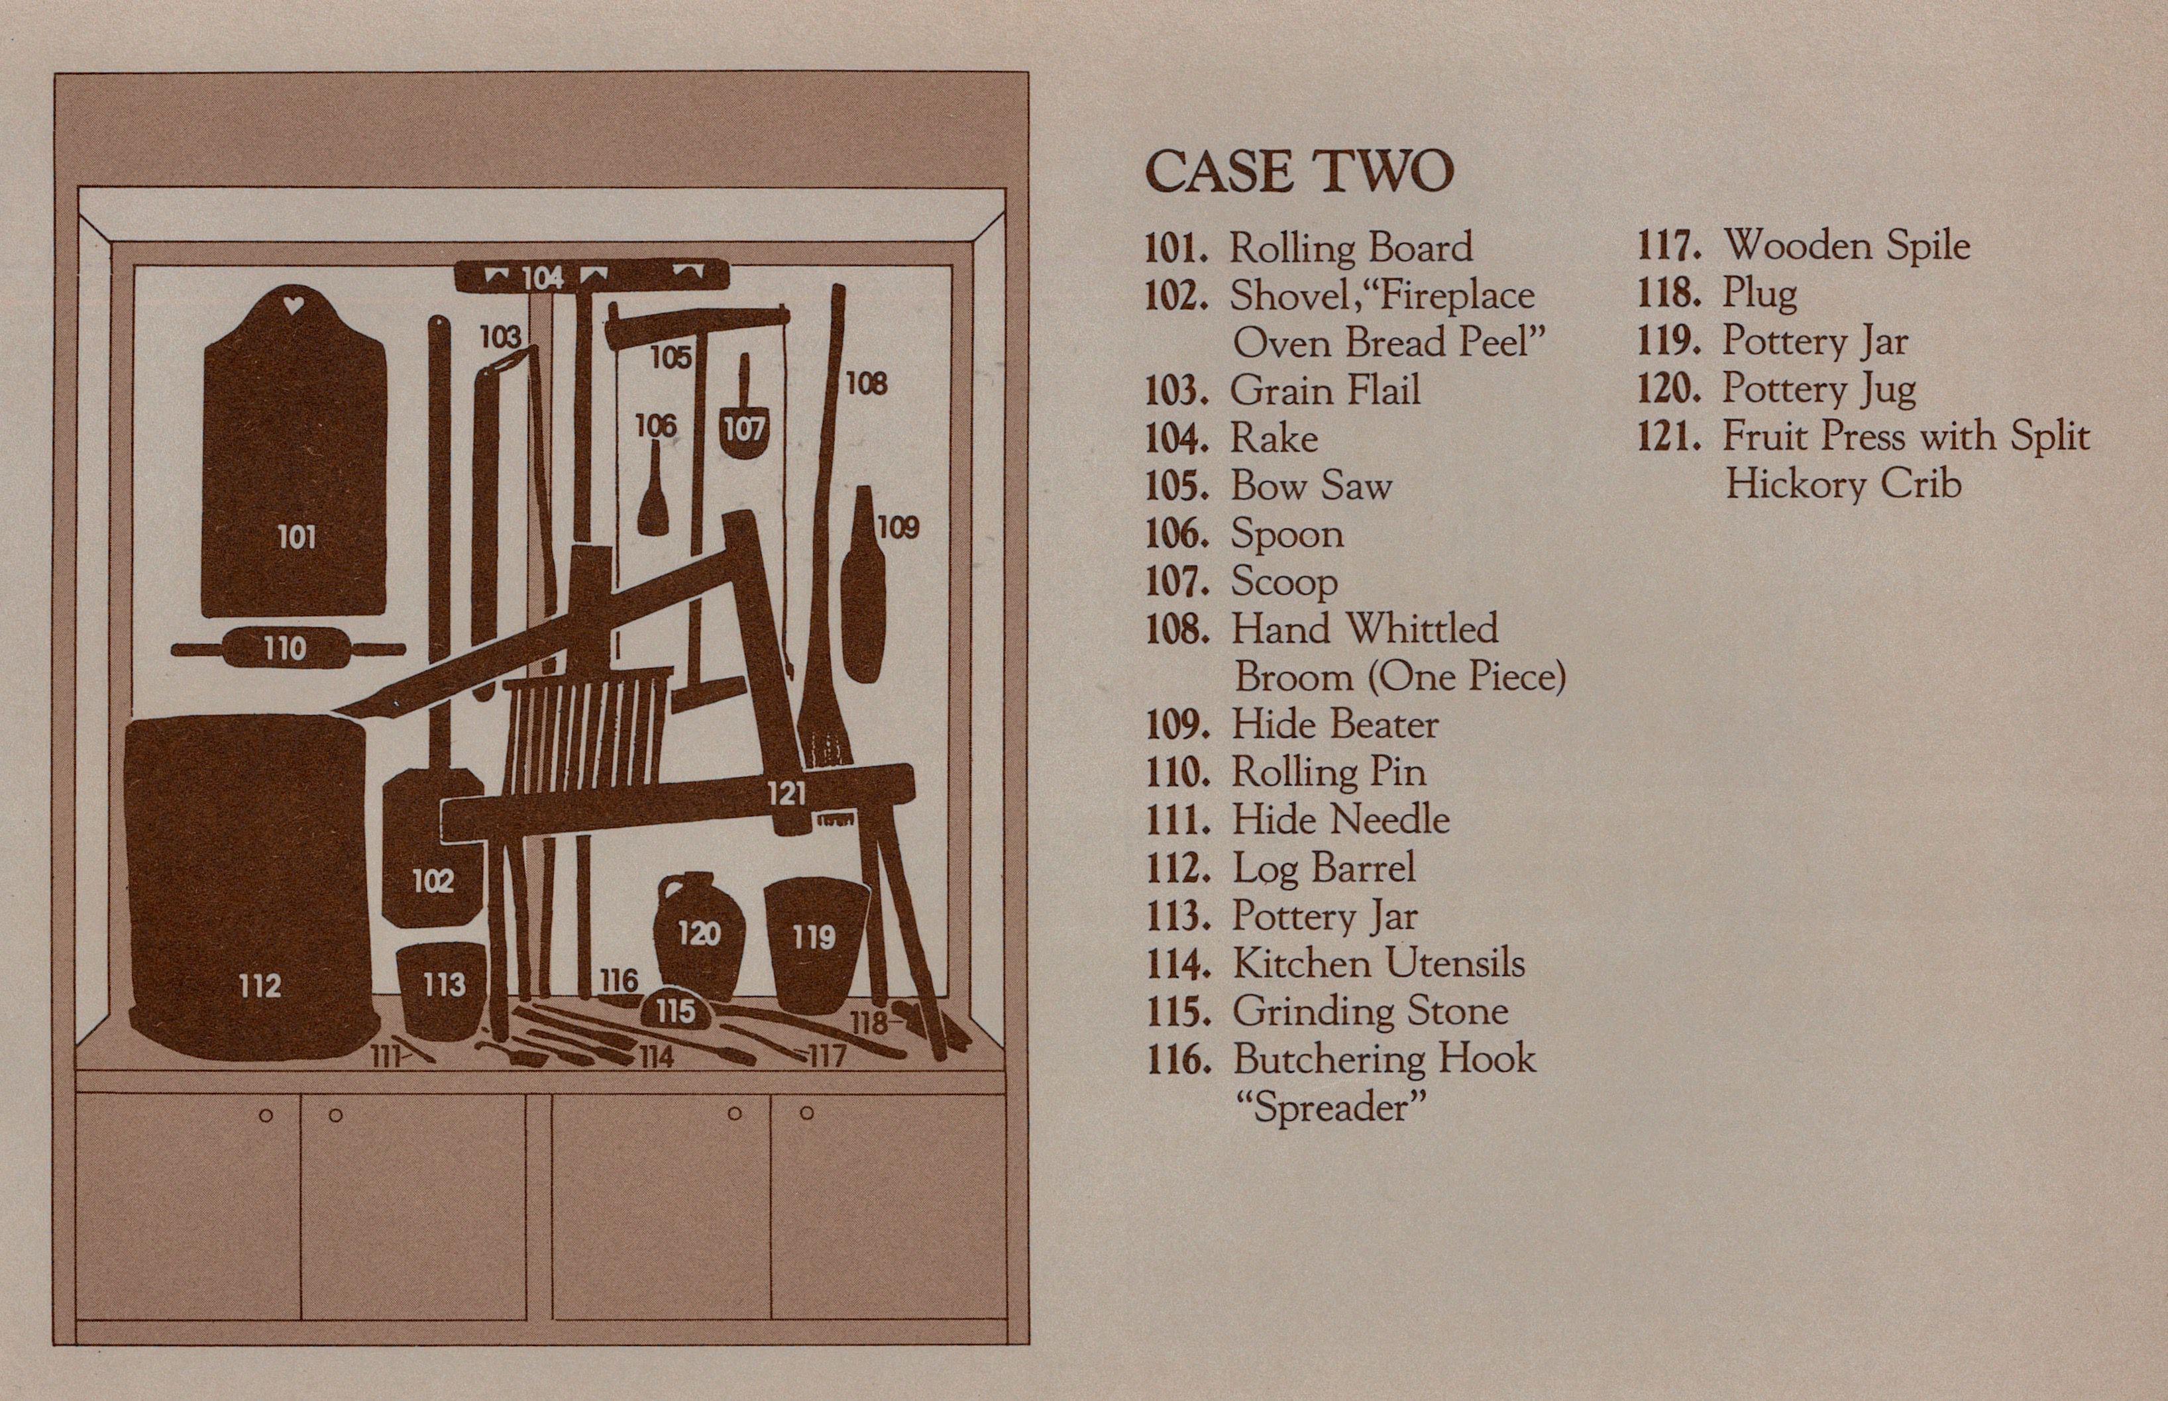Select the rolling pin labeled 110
[287, 648]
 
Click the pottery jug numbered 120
[699, 937]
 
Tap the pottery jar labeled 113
[443, 987]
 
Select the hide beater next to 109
[861, 592]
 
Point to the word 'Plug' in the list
[1759, 294]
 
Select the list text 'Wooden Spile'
[1846, 246]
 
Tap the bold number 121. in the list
[1668, 437]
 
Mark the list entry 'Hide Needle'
[1340, 819]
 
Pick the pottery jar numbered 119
[814, 941]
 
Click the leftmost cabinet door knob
[266, 1116]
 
